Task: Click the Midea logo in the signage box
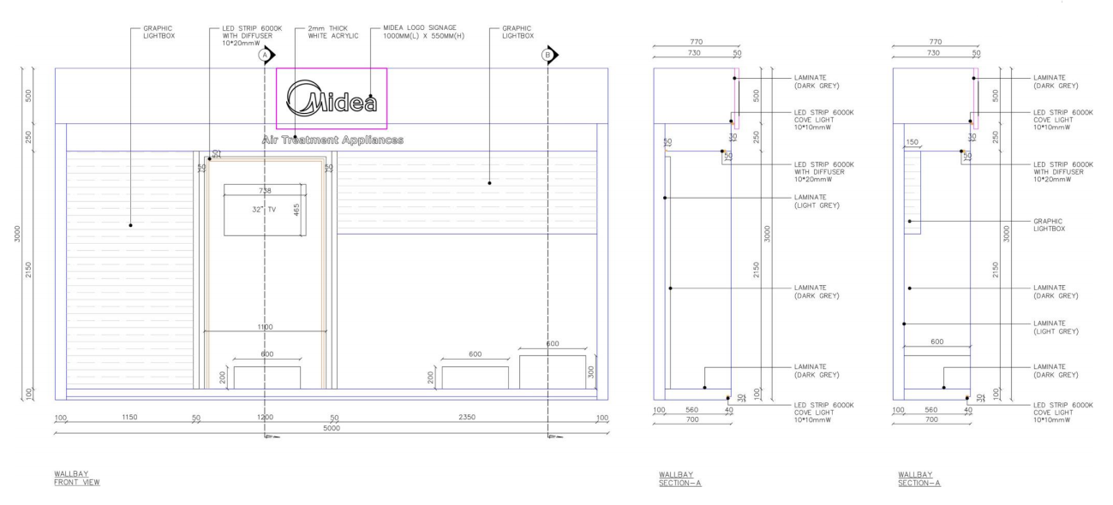[x=332, y=98]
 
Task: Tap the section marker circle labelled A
[x=265, y=55]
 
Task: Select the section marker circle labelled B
[x=548, y=55]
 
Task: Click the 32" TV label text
[x=264, y=210]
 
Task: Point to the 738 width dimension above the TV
[x=265, y=191]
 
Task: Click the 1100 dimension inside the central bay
[x=266, y=327]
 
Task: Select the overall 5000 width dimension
[x=332, y=428]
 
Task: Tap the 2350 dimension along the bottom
[x=467, y=417]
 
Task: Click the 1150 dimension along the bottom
[x=129, y=417]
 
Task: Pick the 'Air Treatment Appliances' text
[x=332, y=140]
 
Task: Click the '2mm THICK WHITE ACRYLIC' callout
[x=333, y=33]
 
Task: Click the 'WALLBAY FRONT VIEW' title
[x=77, y=478]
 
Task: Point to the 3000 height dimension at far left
[x=17, y=234]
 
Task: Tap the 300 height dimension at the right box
[x=591, y=372]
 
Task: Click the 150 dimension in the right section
[x=912, y=142]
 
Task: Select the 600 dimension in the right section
[x=937, y=342]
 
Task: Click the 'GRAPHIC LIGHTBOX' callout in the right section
[x=1050, y=225]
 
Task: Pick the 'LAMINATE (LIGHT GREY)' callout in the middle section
[x=817, y=201]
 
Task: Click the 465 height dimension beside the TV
[x=296, y=210]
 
